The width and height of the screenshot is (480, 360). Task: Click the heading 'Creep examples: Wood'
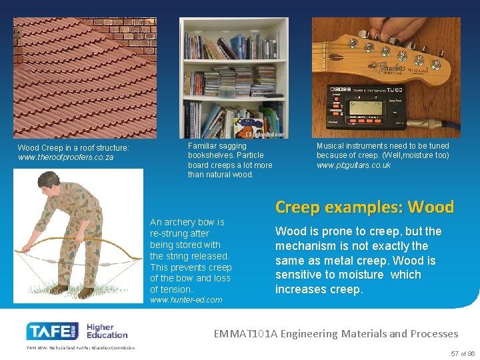pyautogui.click(x=364, y=207)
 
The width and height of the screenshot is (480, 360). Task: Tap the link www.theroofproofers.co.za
pyautogui.click(x=66, y=158)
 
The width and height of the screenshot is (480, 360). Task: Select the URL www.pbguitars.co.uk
pyautogui.click(x=353, y=165)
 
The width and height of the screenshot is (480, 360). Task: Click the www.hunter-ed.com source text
pyautogui.click(x=186, y=300)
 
